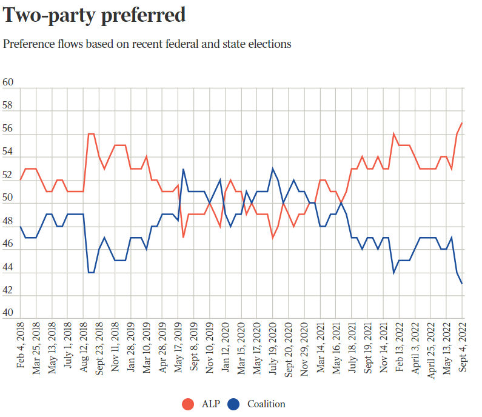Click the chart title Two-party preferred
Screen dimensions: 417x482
[x=95, y=15]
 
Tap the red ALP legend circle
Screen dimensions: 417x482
[x=189, y=404]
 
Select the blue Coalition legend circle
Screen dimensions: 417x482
[x=235, y=404]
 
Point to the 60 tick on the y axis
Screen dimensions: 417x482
[x=8, y=83]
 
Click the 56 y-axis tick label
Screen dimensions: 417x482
[x=8, y=129]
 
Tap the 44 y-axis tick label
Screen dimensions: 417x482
[x=8, y=267]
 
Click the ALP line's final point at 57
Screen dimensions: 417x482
[x=463, y=123]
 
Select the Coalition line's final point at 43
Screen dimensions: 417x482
[x=463, y=284]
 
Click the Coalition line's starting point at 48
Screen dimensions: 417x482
[x=21, y=226]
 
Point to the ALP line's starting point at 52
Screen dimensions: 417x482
[x=21, y=180]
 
